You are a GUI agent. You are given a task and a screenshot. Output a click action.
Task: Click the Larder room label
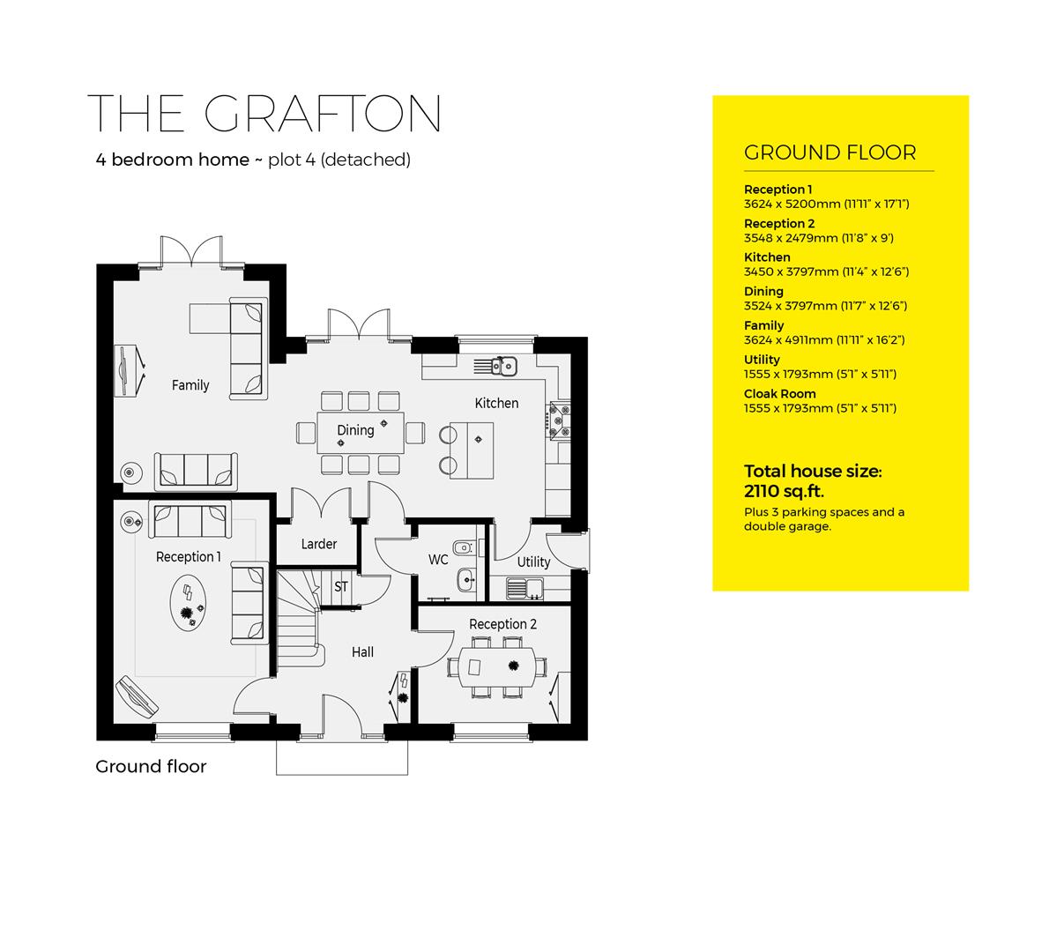(x=318, y=544)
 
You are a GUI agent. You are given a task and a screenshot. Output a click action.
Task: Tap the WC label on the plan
(x=438, y=560)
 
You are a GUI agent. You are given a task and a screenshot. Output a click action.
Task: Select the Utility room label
(x=533, y=562)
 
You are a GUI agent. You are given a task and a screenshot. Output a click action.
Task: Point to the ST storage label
(x=341, y=586)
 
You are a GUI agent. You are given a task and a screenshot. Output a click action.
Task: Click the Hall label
(x=362, y=652)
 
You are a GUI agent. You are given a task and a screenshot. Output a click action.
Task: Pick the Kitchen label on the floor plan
(x=496, y=403)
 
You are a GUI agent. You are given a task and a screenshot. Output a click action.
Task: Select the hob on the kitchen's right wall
(x=560, y=420)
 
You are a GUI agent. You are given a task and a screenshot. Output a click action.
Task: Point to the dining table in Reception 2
(x=490, y=667)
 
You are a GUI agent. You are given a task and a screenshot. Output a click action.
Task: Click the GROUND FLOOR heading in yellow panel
(x=830, y=152)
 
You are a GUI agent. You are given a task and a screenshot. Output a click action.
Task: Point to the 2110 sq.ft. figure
(x=784, y=491)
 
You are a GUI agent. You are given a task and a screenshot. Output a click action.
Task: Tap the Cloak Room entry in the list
(x=779, y=394)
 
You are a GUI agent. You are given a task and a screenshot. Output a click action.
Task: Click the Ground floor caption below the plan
(x=151, y=767)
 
